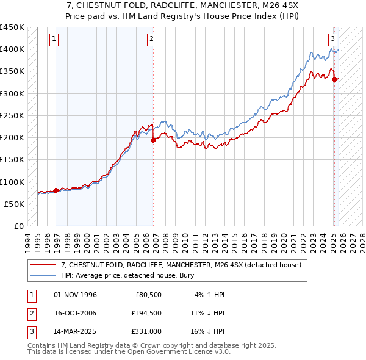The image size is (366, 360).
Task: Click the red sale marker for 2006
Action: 153,140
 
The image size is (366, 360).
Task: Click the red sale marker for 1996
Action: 56,190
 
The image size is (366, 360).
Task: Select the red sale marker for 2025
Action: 335,79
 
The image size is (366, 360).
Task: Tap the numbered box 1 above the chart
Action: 54,39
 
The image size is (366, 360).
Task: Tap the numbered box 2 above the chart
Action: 151,39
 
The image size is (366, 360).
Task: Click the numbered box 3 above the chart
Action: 332,39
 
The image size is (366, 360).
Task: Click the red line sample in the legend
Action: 44,265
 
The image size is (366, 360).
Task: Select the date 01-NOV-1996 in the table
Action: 75,295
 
